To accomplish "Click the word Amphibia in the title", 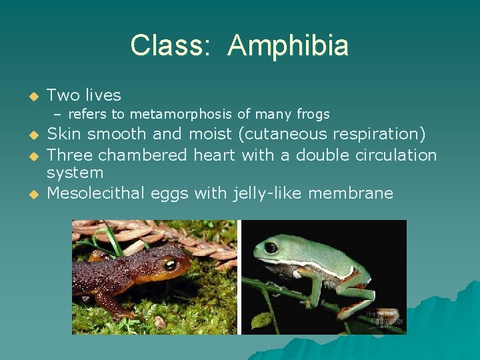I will click(x=287, y=46).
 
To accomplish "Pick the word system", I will click(x=75, y=173).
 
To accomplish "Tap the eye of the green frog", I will click(x=271, y=247).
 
